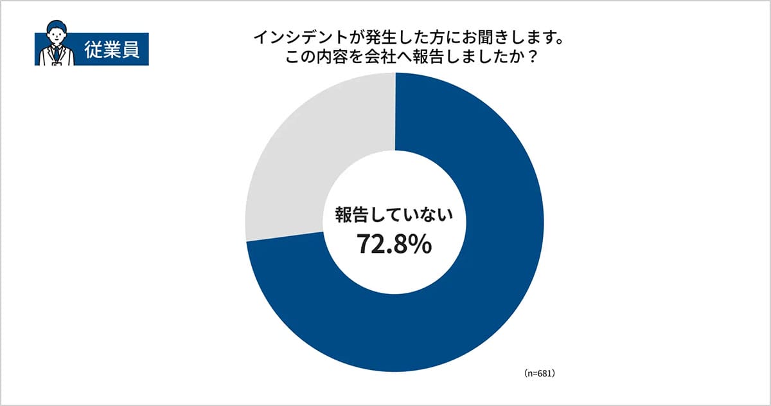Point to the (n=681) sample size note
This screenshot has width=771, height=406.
click(x=538, y=373)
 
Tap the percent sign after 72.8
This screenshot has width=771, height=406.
click(x=421, y=245)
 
